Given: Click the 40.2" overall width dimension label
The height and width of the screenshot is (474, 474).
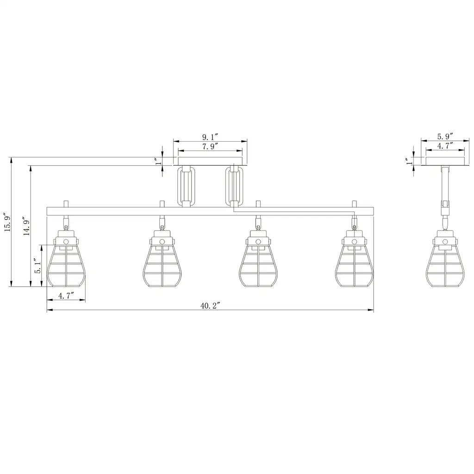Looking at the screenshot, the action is click(x=210, y=306).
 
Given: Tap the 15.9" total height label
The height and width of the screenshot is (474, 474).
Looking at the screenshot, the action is click(x=8, y=224).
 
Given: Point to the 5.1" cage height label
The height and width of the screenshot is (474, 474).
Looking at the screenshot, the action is click(x=38, y=266).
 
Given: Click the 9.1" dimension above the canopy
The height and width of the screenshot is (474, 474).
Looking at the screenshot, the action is click(x=210, y=137).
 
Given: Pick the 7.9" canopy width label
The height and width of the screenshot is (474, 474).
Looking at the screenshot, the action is click(x=210, y=146).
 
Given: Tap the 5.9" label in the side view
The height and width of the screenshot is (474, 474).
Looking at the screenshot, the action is click(x=445, y=137).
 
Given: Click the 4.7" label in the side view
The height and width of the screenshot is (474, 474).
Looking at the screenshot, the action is click(x=445, y=146).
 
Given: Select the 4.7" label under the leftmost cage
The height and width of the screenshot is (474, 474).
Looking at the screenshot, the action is click(x=66, y=296).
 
